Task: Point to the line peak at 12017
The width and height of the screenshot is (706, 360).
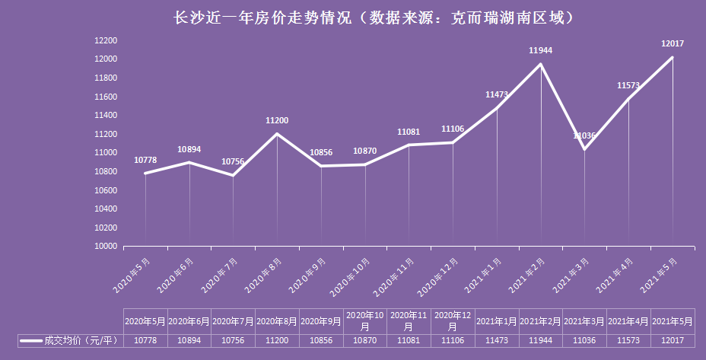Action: click(x=673, y=56)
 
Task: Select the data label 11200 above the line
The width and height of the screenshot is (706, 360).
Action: click(x=277, y=120)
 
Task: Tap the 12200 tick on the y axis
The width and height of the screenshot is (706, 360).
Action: click(x=105, y=40)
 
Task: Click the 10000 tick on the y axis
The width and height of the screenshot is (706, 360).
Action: click(x=105, y=247)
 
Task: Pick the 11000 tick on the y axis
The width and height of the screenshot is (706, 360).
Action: click(x=105, y=153)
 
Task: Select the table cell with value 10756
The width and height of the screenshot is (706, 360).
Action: click(x=233, y=340)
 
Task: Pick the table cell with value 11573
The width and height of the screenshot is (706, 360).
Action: click(x=628, y=340)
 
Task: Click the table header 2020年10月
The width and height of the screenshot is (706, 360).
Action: click(x=364, y=320)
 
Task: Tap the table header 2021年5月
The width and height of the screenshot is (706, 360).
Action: click(x=673, y=320)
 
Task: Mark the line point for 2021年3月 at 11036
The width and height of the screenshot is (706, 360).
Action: click(x=584, y=148)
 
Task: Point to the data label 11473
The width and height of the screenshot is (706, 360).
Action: click(x=497, y=94)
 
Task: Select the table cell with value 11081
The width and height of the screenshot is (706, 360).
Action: click(x=409, y=340)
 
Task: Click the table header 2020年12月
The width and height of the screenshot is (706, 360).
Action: click(x=453, y=320)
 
